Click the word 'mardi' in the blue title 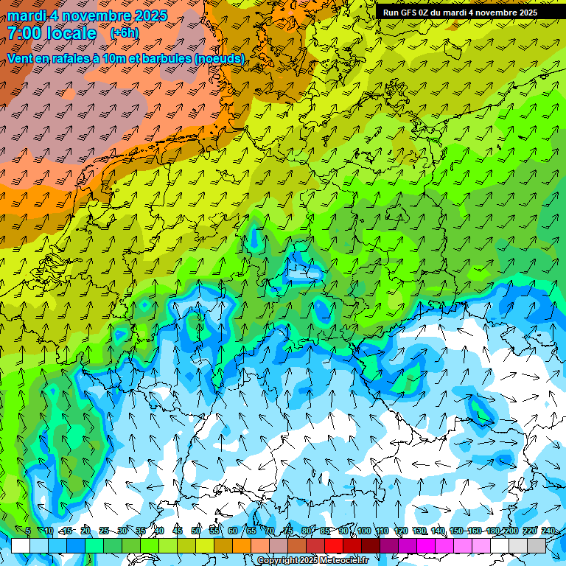point(26,15)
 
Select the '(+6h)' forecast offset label point(124,33)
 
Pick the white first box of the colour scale point(21,545)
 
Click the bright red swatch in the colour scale point(334,545)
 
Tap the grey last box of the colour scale point(537,545)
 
